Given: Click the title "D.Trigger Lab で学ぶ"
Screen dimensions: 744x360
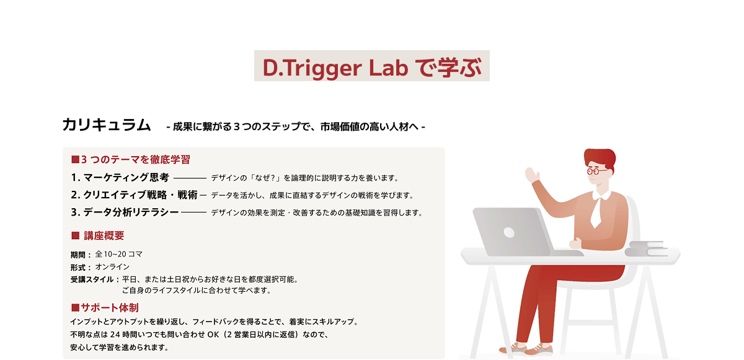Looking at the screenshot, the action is (371, 68).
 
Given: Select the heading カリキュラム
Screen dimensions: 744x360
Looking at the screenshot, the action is (107, 125).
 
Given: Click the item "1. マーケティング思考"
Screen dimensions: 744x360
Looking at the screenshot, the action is (120, 177).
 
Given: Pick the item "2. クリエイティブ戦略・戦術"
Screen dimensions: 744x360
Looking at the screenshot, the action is (134, 195).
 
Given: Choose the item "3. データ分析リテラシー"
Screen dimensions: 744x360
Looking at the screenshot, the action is (125, 212).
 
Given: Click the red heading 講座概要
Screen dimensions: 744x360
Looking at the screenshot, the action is (104, 236).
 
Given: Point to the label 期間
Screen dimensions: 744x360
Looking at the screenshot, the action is (78, 255).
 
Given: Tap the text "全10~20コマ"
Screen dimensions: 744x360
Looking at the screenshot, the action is (119, 254).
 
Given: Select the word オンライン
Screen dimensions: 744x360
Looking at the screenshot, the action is (112, 267).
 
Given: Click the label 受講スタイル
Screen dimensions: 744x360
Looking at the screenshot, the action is (92, 279).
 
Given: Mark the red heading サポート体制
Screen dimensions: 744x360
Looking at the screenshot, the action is (110, 307).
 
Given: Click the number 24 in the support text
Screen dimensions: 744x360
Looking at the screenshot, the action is (115, 335).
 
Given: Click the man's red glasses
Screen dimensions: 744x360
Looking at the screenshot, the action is (596, 171).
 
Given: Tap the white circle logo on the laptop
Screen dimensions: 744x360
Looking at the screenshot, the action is (509, 232).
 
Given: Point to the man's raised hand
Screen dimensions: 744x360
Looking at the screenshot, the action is (533, 175).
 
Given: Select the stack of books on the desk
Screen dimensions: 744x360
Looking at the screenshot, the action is (646, 249).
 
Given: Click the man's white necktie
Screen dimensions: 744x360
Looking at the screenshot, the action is (596, 212).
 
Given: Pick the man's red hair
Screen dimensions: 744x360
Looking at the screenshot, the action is (600, 158).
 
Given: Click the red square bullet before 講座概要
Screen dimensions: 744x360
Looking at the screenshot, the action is (76, 235).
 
